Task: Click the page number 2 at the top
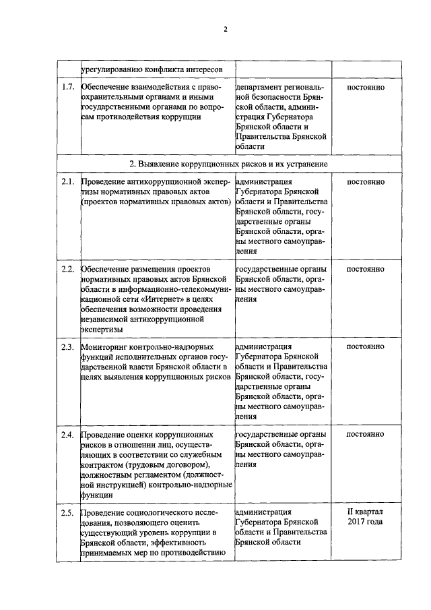(x=226, y=29)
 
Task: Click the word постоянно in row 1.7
(x=365, y=88)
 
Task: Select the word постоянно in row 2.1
(x=365, y=182)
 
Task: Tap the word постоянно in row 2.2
(x=365, y=270)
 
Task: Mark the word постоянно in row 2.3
(x=365, y=347)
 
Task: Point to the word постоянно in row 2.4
(x=365, y=435)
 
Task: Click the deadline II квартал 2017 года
(x=365, y=518)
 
